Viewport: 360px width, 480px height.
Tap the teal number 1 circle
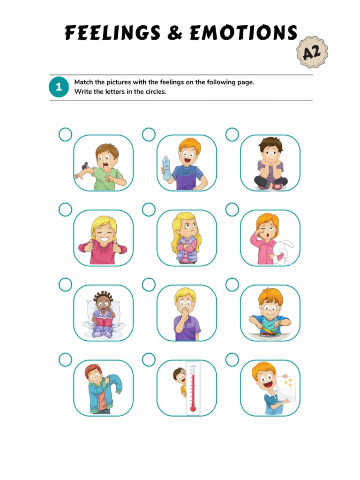[59, 87]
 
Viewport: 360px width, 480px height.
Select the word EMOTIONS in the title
[243, 33]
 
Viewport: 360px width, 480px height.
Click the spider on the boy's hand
[85, 165]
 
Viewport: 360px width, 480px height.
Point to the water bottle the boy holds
[166, 167]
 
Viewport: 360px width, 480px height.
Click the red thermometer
[193, 388]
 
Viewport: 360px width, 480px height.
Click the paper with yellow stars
[286, 388]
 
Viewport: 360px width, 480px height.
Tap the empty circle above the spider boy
[65, 135]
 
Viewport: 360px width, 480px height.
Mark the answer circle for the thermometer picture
[149, 360]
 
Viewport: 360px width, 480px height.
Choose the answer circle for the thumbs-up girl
[65, 210]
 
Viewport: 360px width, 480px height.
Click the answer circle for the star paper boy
[232, 360]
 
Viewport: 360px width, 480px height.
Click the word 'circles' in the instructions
[156, 92]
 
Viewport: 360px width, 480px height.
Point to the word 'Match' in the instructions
[83, 82]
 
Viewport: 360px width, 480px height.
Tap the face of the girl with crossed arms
[189, 229]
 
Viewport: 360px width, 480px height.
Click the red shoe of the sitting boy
[277, 186]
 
